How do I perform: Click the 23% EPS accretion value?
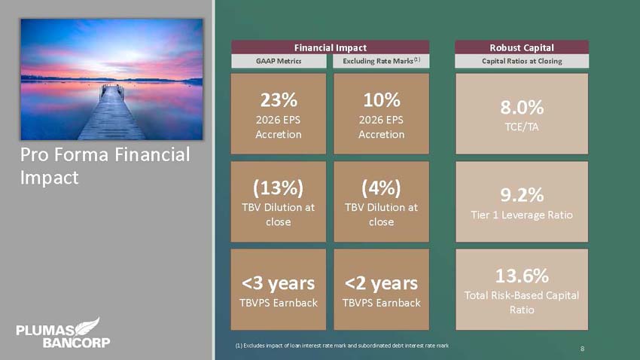[279, 100]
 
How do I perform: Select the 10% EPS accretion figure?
[382, 100]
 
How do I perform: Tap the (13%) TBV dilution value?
[279, 188]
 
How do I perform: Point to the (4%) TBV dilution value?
[381, 188]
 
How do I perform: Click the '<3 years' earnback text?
[279, 283]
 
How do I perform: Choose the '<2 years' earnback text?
[381, 283]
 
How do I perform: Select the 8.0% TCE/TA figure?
[522, 108]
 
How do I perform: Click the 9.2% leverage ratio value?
[522, 195]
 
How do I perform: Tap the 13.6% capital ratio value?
[522, 276]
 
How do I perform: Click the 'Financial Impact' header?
[331, 47]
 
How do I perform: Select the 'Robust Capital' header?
[522, 47]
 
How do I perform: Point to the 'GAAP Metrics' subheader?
[279, 61]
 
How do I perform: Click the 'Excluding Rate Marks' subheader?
[381, 61]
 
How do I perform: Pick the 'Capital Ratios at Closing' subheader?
[522, 61]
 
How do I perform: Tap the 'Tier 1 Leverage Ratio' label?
[522, 215]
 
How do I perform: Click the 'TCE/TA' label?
[522, 127]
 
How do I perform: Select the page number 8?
[583, 349]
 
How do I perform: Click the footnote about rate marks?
[342, 346]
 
